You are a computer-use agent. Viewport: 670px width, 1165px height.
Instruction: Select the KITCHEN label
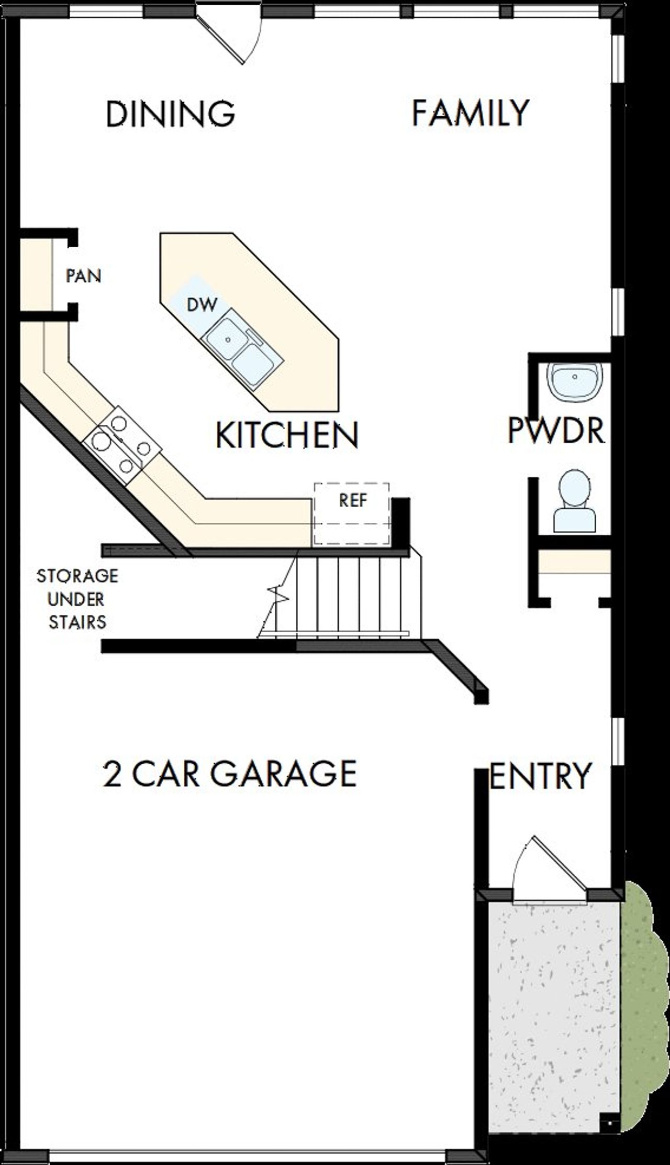pos(287,434)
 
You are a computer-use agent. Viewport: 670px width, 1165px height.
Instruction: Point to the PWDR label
pos(556,430)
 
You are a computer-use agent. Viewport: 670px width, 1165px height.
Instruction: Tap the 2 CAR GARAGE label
pos(230,774)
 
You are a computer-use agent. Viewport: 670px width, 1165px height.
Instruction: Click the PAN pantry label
pos(83,276)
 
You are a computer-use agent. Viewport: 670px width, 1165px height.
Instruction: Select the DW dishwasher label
pos(202,304)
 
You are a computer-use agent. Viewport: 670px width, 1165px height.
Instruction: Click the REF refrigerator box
pos(352,513)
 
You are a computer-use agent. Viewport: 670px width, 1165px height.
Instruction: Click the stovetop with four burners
pos(121,446)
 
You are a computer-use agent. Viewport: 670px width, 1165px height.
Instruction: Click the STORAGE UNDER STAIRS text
pos(77,599)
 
